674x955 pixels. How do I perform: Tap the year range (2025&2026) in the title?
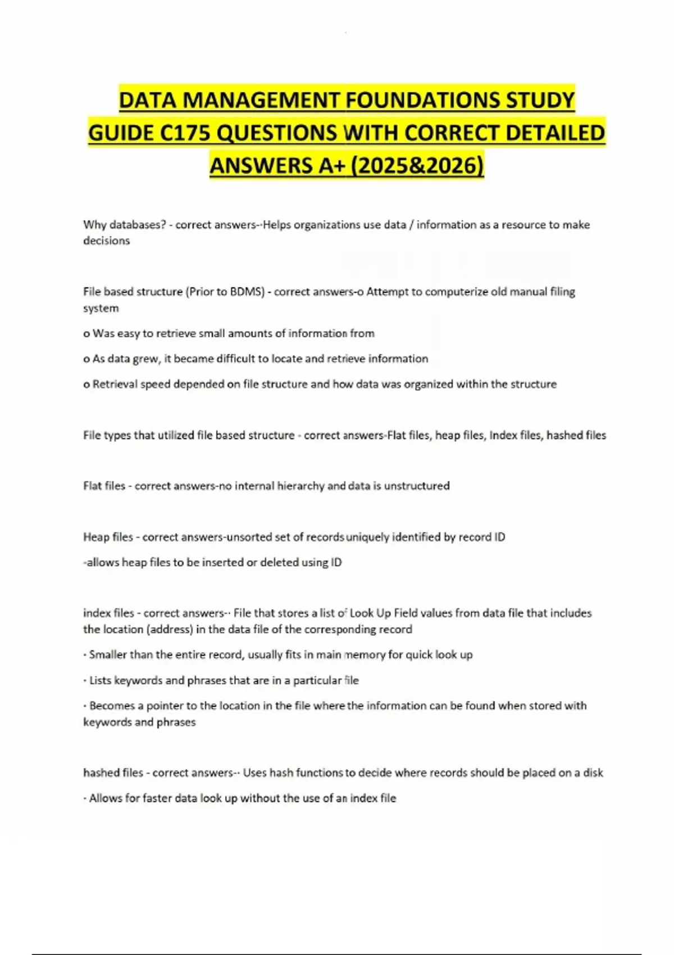416,166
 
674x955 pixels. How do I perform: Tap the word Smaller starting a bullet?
108,655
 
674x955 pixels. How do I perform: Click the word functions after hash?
320,773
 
